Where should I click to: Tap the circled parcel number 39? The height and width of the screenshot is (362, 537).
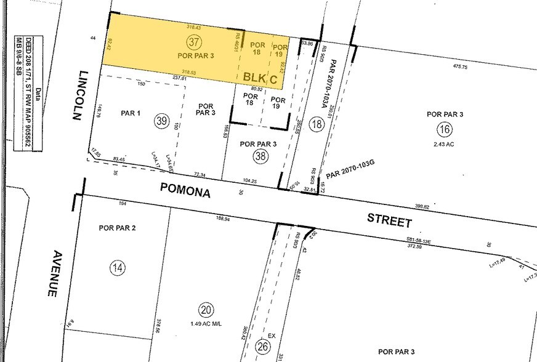tap(162, 121)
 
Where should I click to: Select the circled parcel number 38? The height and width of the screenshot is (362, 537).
tap(259, 156)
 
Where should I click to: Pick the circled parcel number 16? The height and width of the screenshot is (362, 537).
tap(444, 129)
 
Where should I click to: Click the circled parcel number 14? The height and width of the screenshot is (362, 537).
tap(117, 267)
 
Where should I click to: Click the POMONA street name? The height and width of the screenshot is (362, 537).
tap(185, 191)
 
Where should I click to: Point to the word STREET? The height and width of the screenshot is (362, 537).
tap(389, 219)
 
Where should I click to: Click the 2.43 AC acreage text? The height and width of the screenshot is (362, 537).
tap(443, 143)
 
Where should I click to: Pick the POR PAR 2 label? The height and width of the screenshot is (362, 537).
tap(117, 228)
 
